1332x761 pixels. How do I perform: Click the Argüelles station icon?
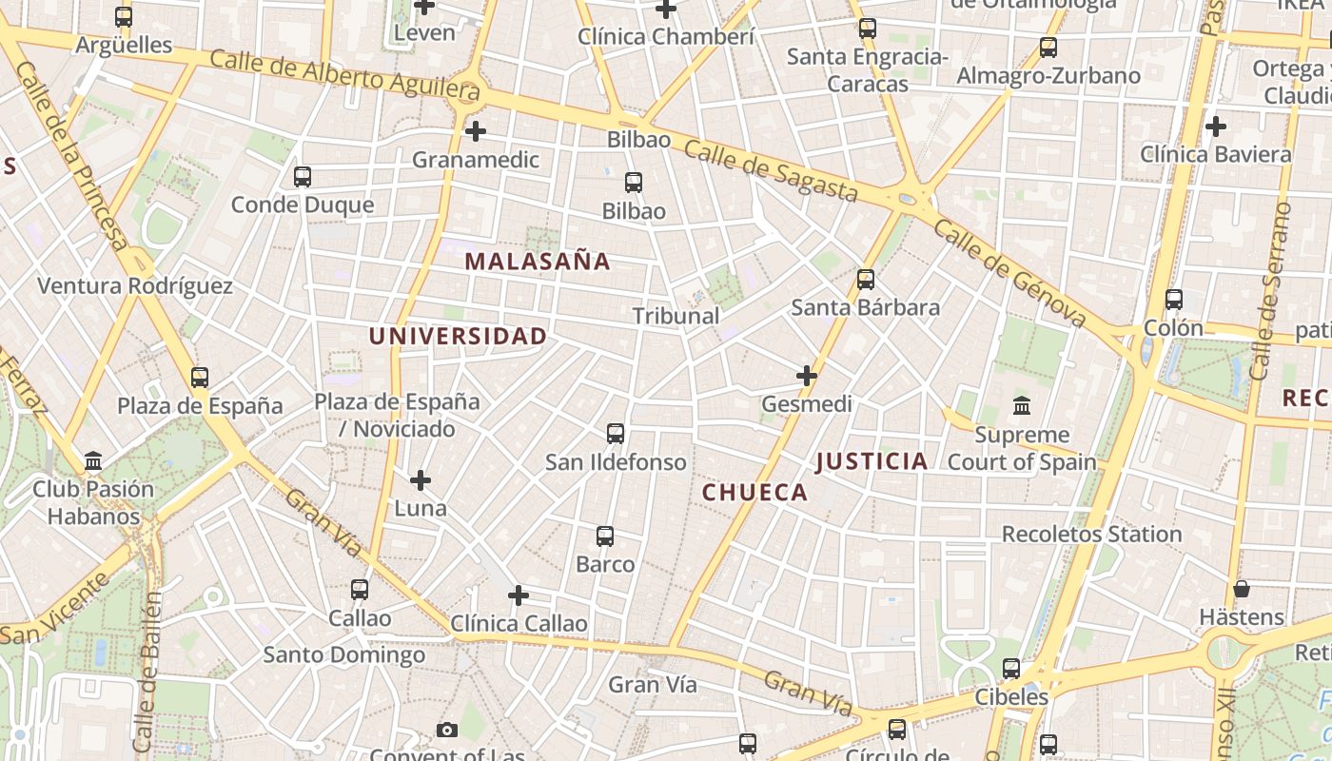coord(124,17)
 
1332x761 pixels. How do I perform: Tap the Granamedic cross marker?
coord(476,130)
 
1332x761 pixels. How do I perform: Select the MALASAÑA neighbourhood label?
coord(538,262)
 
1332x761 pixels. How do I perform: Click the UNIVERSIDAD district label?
coord(458,336)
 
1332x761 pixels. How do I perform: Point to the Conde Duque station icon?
coord(303,177)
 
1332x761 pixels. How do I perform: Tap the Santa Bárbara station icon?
coord(866,280)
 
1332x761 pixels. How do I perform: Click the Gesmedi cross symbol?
coord(807,376)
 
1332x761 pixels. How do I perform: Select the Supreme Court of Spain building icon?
coord(1022,406)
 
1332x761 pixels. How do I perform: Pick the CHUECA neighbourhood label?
coord(754,493)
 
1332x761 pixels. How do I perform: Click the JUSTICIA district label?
coord(872,462)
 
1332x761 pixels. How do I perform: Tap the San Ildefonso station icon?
coord(616,434)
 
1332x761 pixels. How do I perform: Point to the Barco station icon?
coord(605,537)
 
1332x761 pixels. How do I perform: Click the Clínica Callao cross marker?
coord(519,595)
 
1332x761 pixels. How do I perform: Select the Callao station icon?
coord(360,590)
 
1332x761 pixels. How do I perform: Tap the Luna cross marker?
coord(421,480)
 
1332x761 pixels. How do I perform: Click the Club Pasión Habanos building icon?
coord(93,461)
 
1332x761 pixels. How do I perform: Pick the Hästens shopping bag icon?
coord(1242,589)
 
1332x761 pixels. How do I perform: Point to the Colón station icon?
coord(1174,300)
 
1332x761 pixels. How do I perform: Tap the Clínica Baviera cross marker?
coord(1215,126)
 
